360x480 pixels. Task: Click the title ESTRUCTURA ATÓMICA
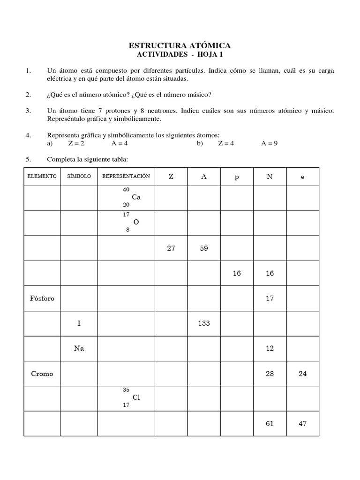pos(180,45)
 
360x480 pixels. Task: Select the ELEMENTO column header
pos(42,176)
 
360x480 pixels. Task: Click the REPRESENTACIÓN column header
pos(126,176)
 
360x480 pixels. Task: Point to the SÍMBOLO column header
pos(79,176)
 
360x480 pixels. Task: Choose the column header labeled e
pos(302,177)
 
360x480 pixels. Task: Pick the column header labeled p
pos(237,177)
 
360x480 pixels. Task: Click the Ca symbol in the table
pos(136,197)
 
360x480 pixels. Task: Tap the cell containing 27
pos(171,248)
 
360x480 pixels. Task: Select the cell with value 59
pos(204,248)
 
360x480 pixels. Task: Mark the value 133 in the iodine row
pos(204,323)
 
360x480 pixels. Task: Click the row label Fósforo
pos(42,298)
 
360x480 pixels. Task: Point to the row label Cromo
pos(42,374)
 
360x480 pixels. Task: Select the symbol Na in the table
pos(79,348)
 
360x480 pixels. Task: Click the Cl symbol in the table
pos(136,397)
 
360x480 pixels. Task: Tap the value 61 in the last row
pos(270,423)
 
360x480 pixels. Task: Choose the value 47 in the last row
pos(302,423)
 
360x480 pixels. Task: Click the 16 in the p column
pos(237,273)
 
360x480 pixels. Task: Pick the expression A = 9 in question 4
pos(270,143)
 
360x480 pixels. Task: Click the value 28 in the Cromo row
pos(270,374)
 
